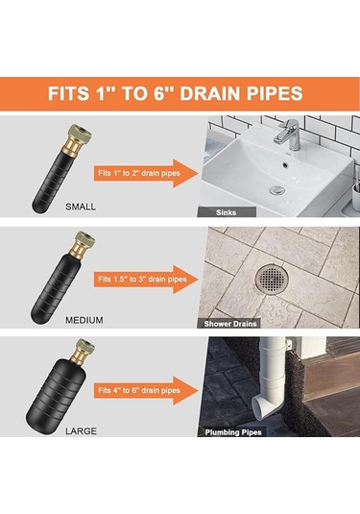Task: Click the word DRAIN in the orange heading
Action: (209, 93)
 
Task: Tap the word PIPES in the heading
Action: (275, 93)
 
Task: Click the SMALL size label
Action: (81, 207)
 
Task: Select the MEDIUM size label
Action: (84, 320)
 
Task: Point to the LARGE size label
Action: (81, 430)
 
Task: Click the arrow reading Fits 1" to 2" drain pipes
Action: (146, 173)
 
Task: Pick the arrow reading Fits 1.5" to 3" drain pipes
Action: (146, 280)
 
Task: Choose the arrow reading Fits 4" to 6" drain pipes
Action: (146, 390)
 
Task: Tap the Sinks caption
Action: (226, 212)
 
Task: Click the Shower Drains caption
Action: (230, 324)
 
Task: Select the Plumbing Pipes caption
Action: (233, 432)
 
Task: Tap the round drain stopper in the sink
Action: (277, 189)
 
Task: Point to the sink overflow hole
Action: (286, 164)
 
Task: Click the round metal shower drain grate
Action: (272, 279)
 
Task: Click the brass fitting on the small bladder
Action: (77, 138)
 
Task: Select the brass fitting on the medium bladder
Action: (83, 245)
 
